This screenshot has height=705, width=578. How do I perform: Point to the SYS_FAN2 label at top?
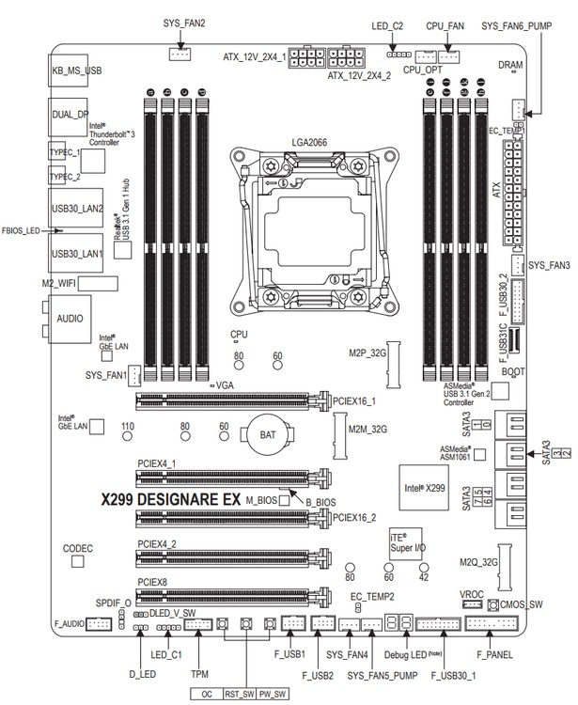pyautogui.click(x=184, y=23)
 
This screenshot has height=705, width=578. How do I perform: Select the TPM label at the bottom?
pyautogui.click(x=198, y=674)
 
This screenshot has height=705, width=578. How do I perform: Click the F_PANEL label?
pyautogui.click(x=492, y=654)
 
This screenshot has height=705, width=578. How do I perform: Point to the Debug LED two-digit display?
pyautogui.click(x=400, y=624)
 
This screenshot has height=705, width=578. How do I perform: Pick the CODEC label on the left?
pyautogui.click(x=78, y=546)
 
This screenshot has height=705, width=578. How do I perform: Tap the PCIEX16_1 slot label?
pyautogui.click(x=354, y=400)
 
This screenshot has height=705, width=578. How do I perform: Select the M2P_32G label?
pyautogui.click(x=360, y=352)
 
